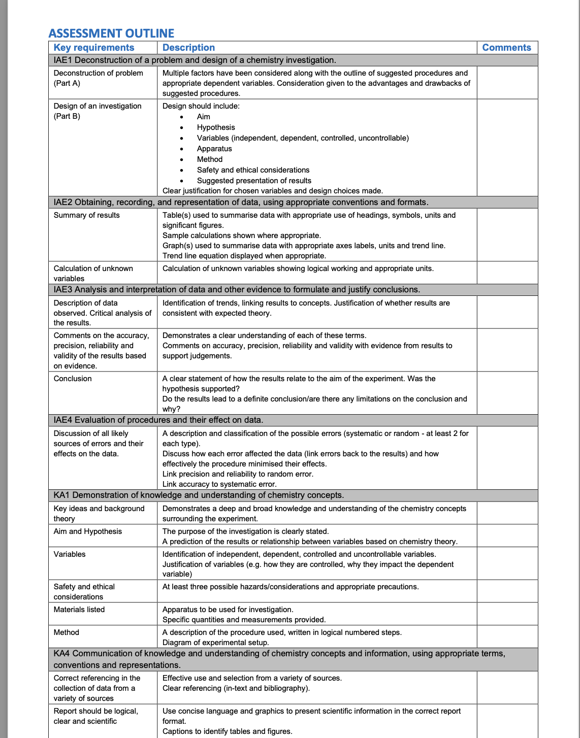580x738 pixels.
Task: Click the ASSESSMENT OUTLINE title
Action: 111,33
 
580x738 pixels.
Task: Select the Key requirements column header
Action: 94,48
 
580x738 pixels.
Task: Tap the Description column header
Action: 188,48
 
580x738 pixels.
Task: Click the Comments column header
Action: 506,48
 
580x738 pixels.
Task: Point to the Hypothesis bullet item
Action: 216,127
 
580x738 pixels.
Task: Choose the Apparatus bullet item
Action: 214,149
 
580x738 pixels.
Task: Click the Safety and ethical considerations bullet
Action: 253,170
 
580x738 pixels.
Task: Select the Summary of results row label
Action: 87,215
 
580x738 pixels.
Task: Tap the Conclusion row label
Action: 73,379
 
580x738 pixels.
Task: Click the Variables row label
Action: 70,554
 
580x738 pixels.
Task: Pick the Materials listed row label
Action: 79,610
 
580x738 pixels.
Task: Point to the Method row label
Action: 67,632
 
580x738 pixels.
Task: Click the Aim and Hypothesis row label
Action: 88,531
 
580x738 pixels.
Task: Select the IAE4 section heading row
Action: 158,420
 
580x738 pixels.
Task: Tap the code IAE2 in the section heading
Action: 63,203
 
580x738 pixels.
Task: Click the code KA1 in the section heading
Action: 62,495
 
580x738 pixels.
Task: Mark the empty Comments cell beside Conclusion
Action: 507,393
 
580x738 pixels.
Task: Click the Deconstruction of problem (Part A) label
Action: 98,78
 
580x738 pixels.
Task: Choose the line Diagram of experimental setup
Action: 215,643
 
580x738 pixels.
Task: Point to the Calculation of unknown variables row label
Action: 93,273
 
